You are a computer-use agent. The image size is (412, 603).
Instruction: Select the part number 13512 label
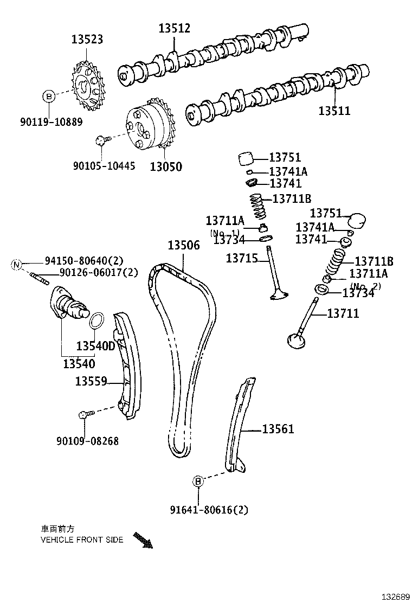tap(174, 29)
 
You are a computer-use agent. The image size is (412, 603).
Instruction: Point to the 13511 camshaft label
tap(334, 111)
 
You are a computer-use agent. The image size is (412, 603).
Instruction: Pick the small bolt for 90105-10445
tap(100, 140)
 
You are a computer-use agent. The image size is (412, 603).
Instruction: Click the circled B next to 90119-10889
tap(49, 97)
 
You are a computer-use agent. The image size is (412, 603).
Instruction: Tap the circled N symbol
tap(16, 265)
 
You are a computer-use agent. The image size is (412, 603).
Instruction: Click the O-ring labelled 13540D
tap(95, 320)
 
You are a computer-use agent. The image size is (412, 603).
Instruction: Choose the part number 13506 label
tap(183, 245)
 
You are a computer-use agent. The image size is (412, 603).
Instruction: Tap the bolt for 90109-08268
tap(85, 415)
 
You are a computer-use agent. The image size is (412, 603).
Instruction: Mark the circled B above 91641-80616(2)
tap(198, 480)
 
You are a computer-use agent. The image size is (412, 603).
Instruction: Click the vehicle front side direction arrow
tap(143, 540)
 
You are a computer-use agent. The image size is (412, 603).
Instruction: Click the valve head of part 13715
tap(278, 296)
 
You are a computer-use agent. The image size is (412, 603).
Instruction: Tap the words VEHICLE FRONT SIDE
tap(82, 540)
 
